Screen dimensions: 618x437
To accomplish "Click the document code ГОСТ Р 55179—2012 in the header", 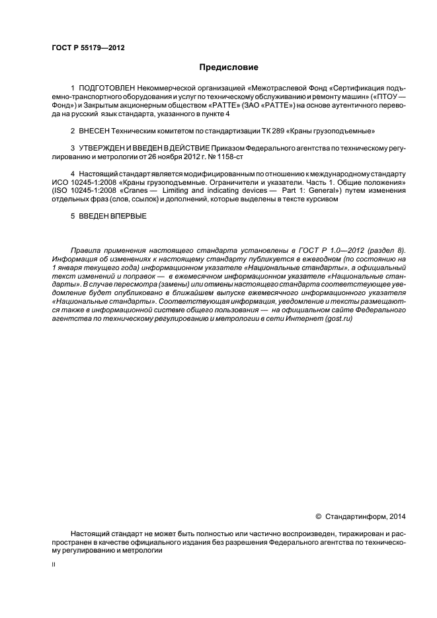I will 88,48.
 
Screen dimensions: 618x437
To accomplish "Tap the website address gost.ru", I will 338,318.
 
